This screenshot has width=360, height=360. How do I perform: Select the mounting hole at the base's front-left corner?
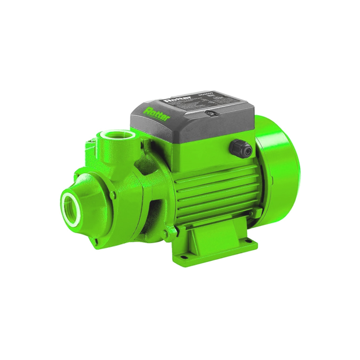click(x=182, y=257)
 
